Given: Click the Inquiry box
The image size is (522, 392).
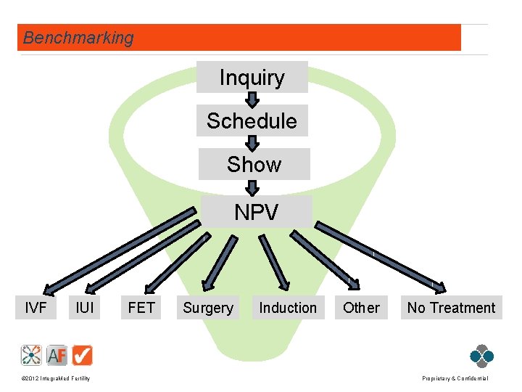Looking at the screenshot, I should (x=252, y=78).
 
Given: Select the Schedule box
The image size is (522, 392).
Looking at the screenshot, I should (x=252, y=121).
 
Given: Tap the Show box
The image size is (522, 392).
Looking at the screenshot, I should (x=254, y=165).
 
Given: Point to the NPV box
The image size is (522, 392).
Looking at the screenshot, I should (x=256, y=212).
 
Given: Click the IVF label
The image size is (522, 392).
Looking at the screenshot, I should (x=36, y=308).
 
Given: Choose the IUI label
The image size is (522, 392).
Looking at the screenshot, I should (x=85, y=308).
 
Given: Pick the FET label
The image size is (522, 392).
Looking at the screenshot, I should (x=141, y=308).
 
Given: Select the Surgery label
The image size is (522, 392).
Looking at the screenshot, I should (x=208, y=308).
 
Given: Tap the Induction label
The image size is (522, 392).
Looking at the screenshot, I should (x=288, y=308).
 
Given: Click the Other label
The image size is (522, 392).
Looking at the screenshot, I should (x=361, y=308).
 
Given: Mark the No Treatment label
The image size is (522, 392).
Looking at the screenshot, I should (x=451, y=308).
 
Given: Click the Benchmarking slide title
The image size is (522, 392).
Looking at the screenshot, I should (x=78, y=38).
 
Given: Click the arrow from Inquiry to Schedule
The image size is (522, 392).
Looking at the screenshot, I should (x=252, y=99).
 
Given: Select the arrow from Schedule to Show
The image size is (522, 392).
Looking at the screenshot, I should (x=252, y=142).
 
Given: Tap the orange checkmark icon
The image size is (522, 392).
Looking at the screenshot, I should (x=83, y=355).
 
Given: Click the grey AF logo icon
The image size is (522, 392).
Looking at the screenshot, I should (x=57, y=355).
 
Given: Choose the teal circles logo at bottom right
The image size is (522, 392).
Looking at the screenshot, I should (x=481, y=355).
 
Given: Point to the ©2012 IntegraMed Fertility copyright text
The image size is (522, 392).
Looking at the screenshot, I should (x=55, y=379).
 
